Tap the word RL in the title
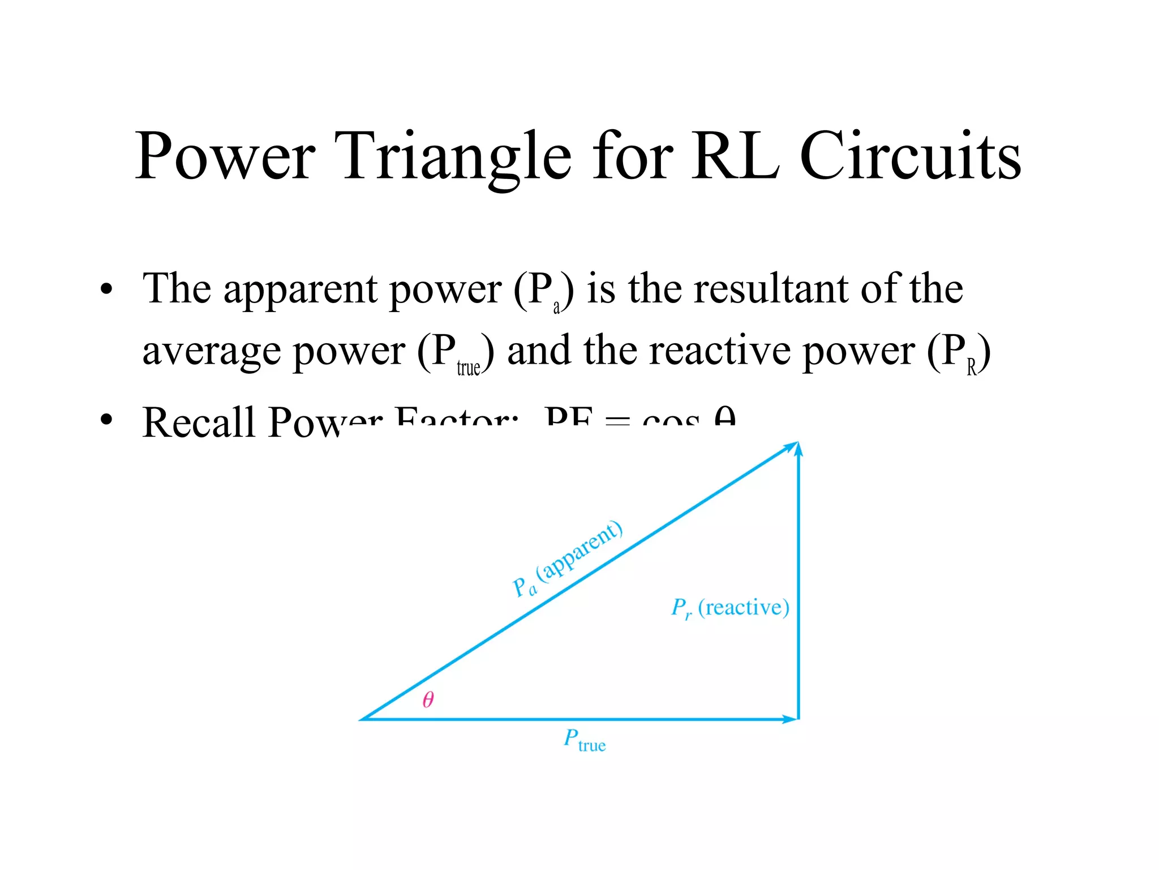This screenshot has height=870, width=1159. (x=735, y=156)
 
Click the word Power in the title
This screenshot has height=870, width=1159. (x=225, y=156)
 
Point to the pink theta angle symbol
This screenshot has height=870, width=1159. (x=428, y=700)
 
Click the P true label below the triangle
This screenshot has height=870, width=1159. (x=585, y=741)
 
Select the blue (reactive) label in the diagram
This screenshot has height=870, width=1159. (x=743, y=607)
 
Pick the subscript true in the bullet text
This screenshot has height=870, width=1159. (x=469, y=368)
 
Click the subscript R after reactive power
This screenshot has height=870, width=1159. (x=972, y=368)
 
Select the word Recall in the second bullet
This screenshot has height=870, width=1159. (x=199, y=422)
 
